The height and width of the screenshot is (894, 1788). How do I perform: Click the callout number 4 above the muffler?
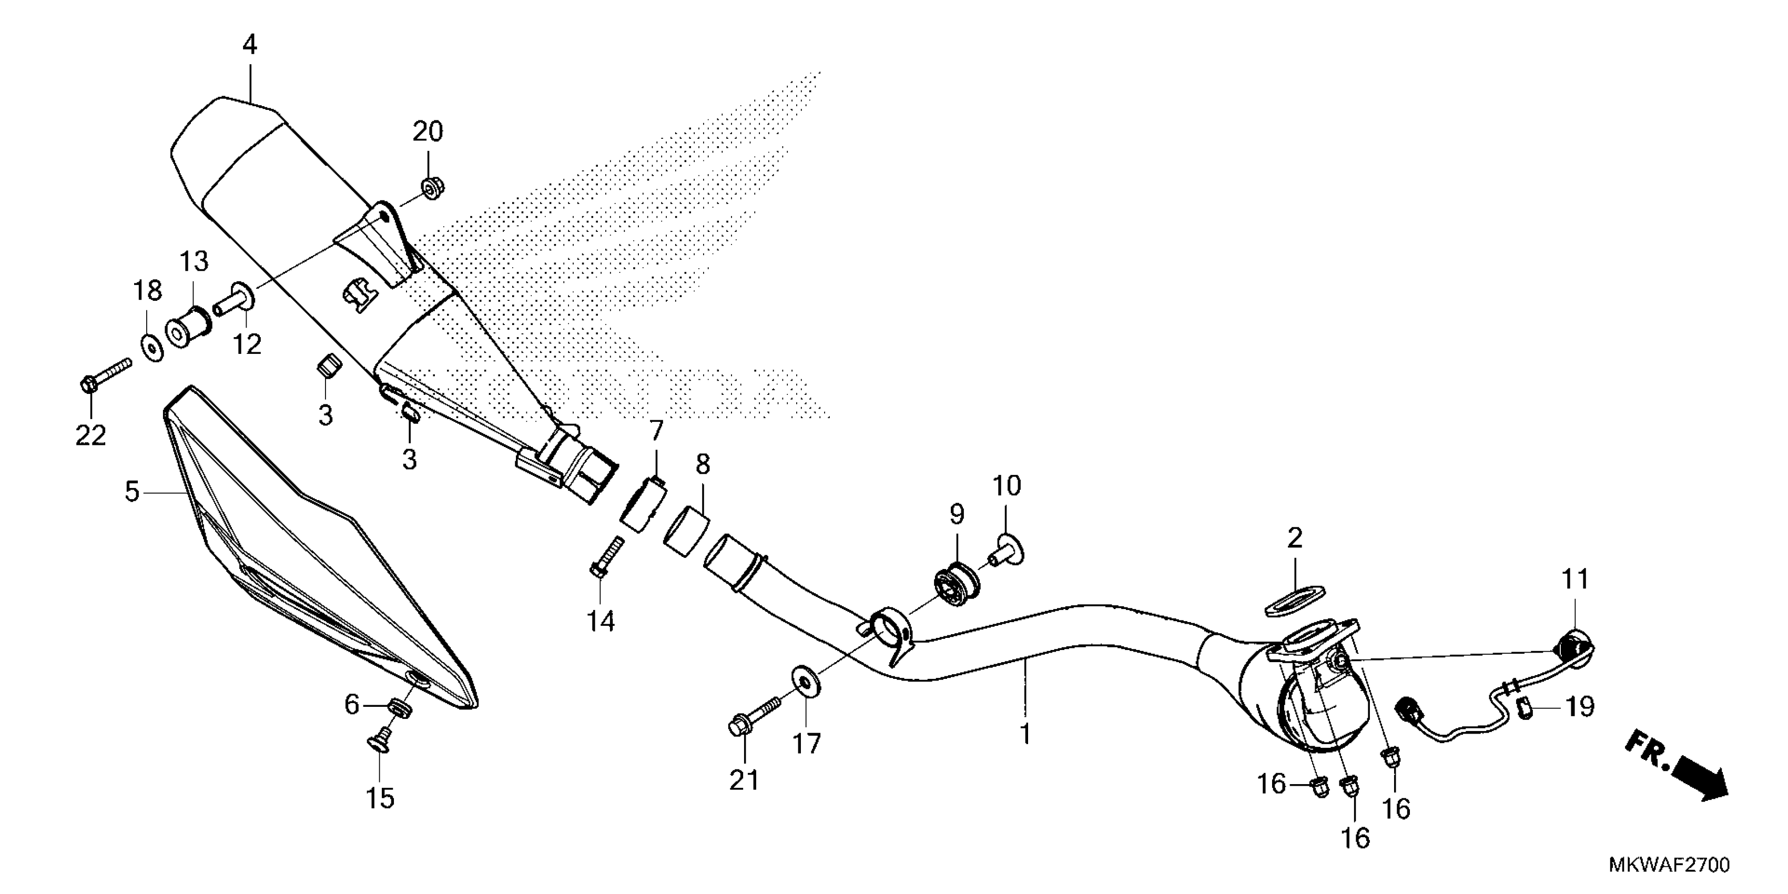click(x=250, y=46)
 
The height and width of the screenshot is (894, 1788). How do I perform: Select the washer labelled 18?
click(x=153, y=346)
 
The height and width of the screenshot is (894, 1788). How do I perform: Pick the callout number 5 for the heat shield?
click(x=132, y=492)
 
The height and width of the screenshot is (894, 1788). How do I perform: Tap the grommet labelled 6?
click(x=399, y=708)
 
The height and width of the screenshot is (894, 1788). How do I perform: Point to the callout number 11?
click(x=1575, y=579)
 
